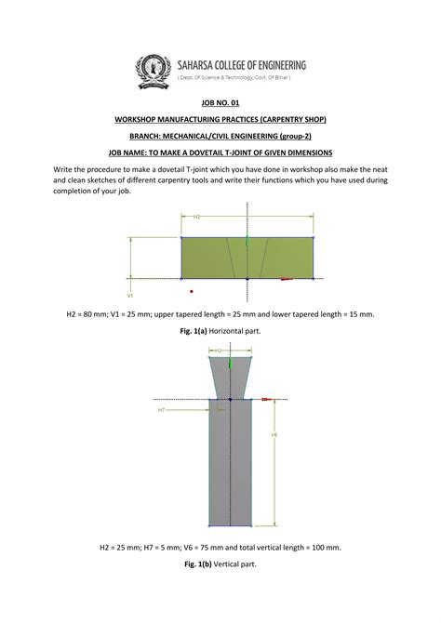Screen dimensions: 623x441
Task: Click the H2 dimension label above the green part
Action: (197, 216)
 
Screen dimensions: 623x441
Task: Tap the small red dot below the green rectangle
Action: (191, 291)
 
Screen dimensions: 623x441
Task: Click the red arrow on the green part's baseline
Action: (287, 279)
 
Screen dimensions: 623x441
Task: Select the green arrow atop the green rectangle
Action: (247, 240)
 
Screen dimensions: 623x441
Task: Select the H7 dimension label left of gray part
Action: (161, 409)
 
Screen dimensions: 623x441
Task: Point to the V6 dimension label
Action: (274, 435)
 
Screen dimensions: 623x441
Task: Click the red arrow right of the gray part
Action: (268, 399)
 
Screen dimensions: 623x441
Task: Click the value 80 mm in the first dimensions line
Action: (101, 314)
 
